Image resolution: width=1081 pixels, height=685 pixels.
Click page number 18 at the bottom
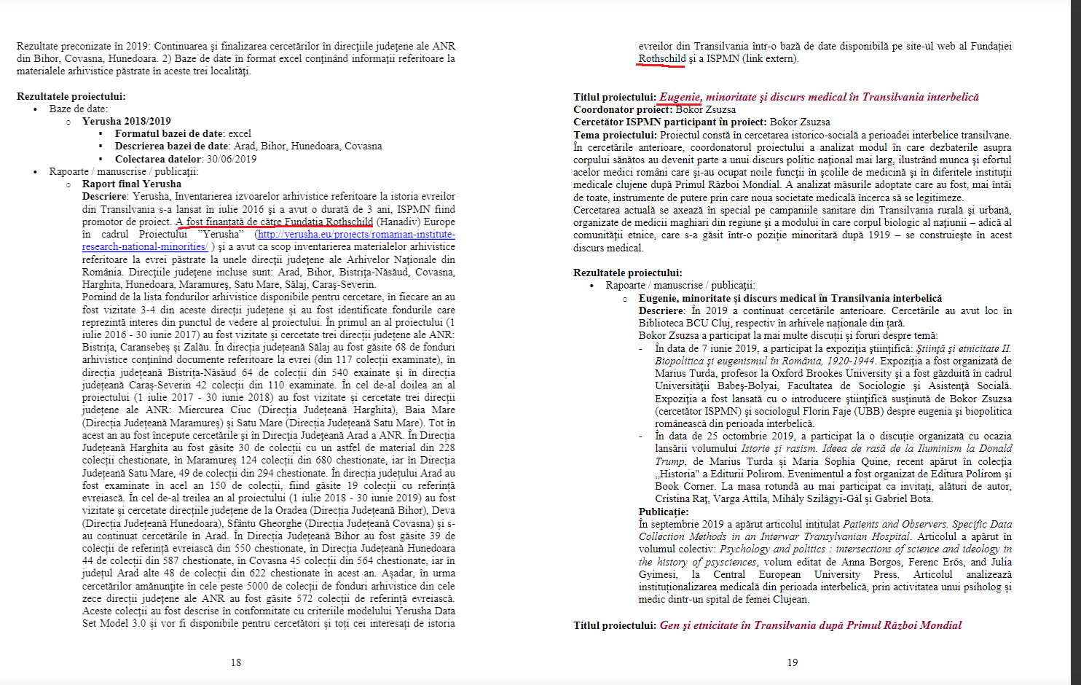[236, 662]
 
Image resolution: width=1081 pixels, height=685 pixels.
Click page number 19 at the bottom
[793, 662]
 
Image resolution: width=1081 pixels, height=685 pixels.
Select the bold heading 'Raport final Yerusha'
[131, 184]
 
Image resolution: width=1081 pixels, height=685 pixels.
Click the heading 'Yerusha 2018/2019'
[126, 122]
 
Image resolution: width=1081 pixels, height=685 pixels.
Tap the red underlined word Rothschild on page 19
[661, 59]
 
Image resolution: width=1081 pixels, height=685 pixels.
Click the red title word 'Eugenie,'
[680, 97]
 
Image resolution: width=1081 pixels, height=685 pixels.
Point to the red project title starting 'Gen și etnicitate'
[810, 625]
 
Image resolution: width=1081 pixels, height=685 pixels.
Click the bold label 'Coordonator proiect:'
[623, 110]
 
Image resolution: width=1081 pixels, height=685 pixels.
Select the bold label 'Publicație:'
[664, 512]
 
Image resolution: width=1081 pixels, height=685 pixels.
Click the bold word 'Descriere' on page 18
[105, 197]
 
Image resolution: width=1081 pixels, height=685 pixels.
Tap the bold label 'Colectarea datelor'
[158, 159]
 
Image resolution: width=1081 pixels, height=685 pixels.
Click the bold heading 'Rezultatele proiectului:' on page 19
[627, 273]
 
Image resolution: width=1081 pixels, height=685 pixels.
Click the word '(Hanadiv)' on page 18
[398, 222]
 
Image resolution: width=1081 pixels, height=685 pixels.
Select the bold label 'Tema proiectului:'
[615, 135]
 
